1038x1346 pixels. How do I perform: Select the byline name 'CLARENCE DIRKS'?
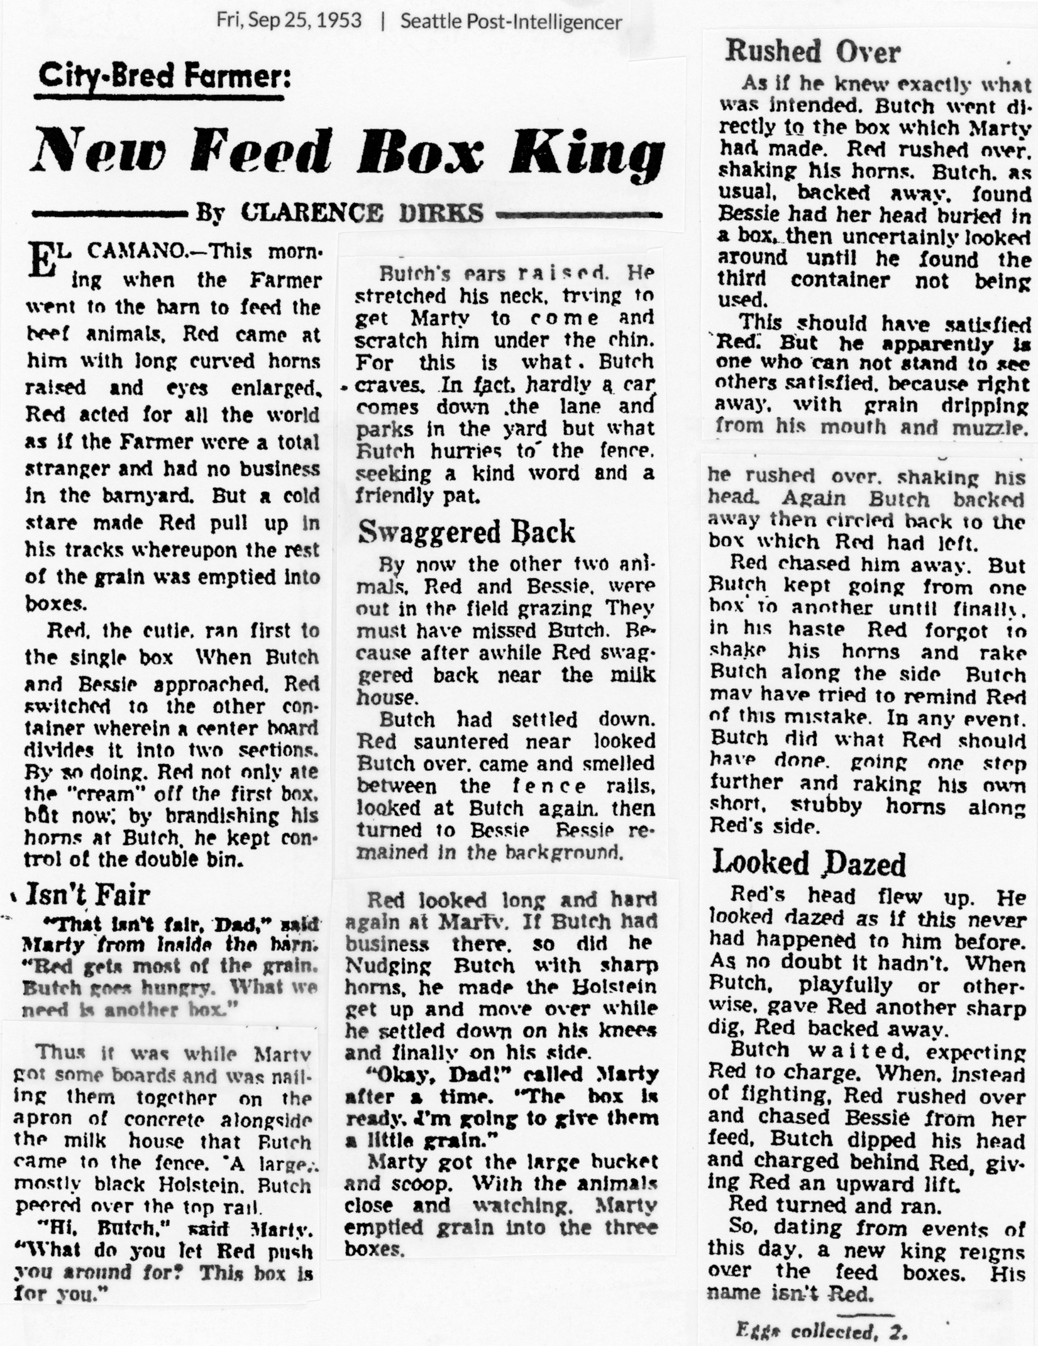click(362, 212)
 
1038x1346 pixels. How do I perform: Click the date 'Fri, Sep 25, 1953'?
click(289, 21)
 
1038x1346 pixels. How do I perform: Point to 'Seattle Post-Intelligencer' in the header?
click(511, 22)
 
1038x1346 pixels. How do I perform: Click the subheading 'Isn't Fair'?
click(87, 895)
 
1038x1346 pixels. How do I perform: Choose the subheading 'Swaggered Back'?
click(466, 532)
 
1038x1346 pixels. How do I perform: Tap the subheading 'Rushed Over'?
click(813, 52)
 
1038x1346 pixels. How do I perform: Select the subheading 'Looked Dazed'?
click(809, 863)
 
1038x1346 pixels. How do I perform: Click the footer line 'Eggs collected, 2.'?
click(822, 1331)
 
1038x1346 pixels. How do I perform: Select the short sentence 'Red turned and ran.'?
click(834, 1205)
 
